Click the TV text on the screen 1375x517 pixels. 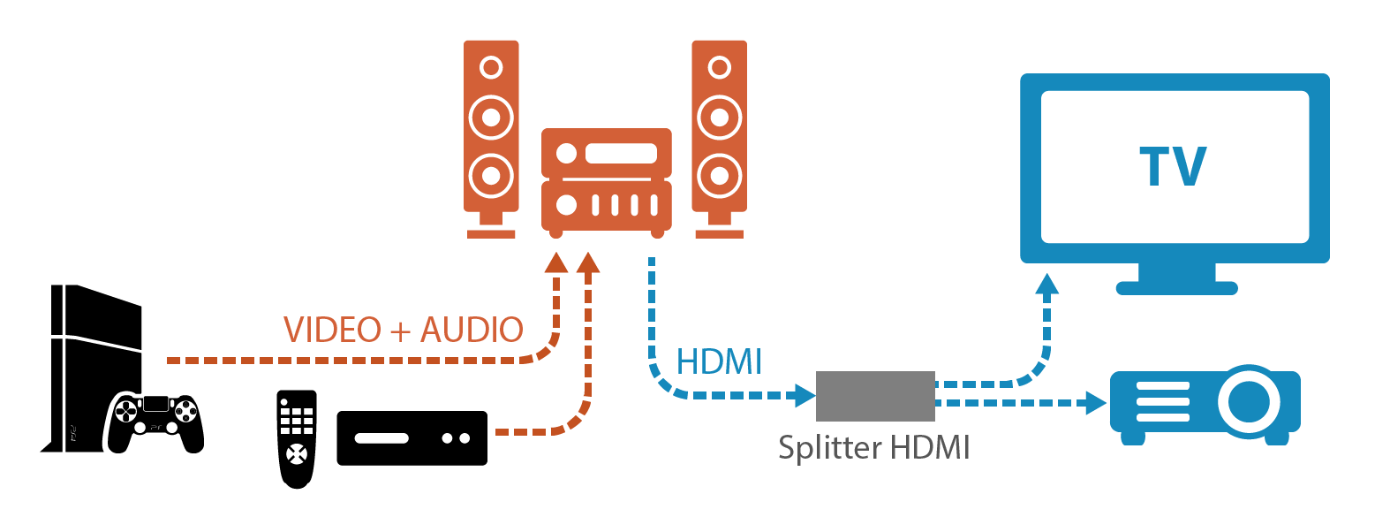coord(1173,166)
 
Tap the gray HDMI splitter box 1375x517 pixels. coord(875,396)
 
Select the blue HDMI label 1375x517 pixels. coord(719,361)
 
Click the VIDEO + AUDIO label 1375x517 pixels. coord(404,330)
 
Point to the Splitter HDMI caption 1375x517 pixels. coord(874,447)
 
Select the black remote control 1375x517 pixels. coord(297,439)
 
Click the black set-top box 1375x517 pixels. coord(412,437)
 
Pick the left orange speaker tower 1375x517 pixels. coord(491,139)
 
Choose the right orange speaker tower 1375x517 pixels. coord(720,139)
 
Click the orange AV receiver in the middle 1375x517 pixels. coord(607,183)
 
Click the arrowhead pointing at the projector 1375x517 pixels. coord(1096,403)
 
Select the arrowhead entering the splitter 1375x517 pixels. coord(805,395)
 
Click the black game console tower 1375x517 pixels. coord(91,369)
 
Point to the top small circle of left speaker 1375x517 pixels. coord(491,67)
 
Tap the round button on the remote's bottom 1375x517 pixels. coord(297,454)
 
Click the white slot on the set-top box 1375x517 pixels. coord(382,438)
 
